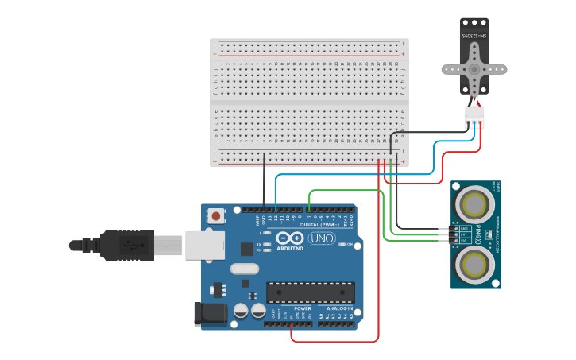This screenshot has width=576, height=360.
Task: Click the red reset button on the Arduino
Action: tap(216, 215)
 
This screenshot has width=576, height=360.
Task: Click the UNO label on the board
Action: tap(322, 238)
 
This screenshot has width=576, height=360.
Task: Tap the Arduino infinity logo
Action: tap(291, 238)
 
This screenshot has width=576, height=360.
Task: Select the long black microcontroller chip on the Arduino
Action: tap(310, 292)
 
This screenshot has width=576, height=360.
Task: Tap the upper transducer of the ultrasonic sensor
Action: tap(474, 204)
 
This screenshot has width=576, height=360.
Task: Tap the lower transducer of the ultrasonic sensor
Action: tap(474, 263)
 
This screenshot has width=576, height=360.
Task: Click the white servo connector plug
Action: tap(474, 118)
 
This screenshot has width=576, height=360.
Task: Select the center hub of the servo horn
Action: tap(474, 69)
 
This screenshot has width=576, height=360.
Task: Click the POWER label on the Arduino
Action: tap(303, 308)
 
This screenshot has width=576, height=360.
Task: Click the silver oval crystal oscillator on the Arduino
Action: tap(245, 269)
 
